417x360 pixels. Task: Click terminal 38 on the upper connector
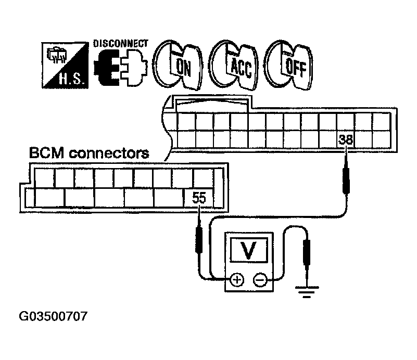click(x=346, y=139)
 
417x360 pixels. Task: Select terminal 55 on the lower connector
click(x=199, y=198)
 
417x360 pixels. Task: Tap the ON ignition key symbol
click(x=178, y=65)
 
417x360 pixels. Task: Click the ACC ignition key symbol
click(x=234, y=65)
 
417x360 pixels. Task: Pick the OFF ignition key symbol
click(x=289, y=65)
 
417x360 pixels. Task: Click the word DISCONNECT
click(x=120, y=43)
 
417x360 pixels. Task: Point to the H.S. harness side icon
click(x=65, y=65)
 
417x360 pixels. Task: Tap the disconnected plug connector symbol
click(x=120, y=68)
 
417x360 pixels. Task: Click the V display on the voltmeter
click(x=249, y=250)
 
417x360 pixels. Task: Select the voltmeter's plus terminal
click(x=237, y=280)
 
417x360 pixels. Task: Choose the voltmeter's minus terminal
click(x=260, y=280)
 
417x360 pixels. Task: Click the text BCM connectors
click(x=89, y=153)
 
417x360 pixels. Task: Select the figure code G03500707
click(x=53, y=316)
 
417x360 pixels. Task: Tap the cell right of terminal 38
click(x=363, y=139)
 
